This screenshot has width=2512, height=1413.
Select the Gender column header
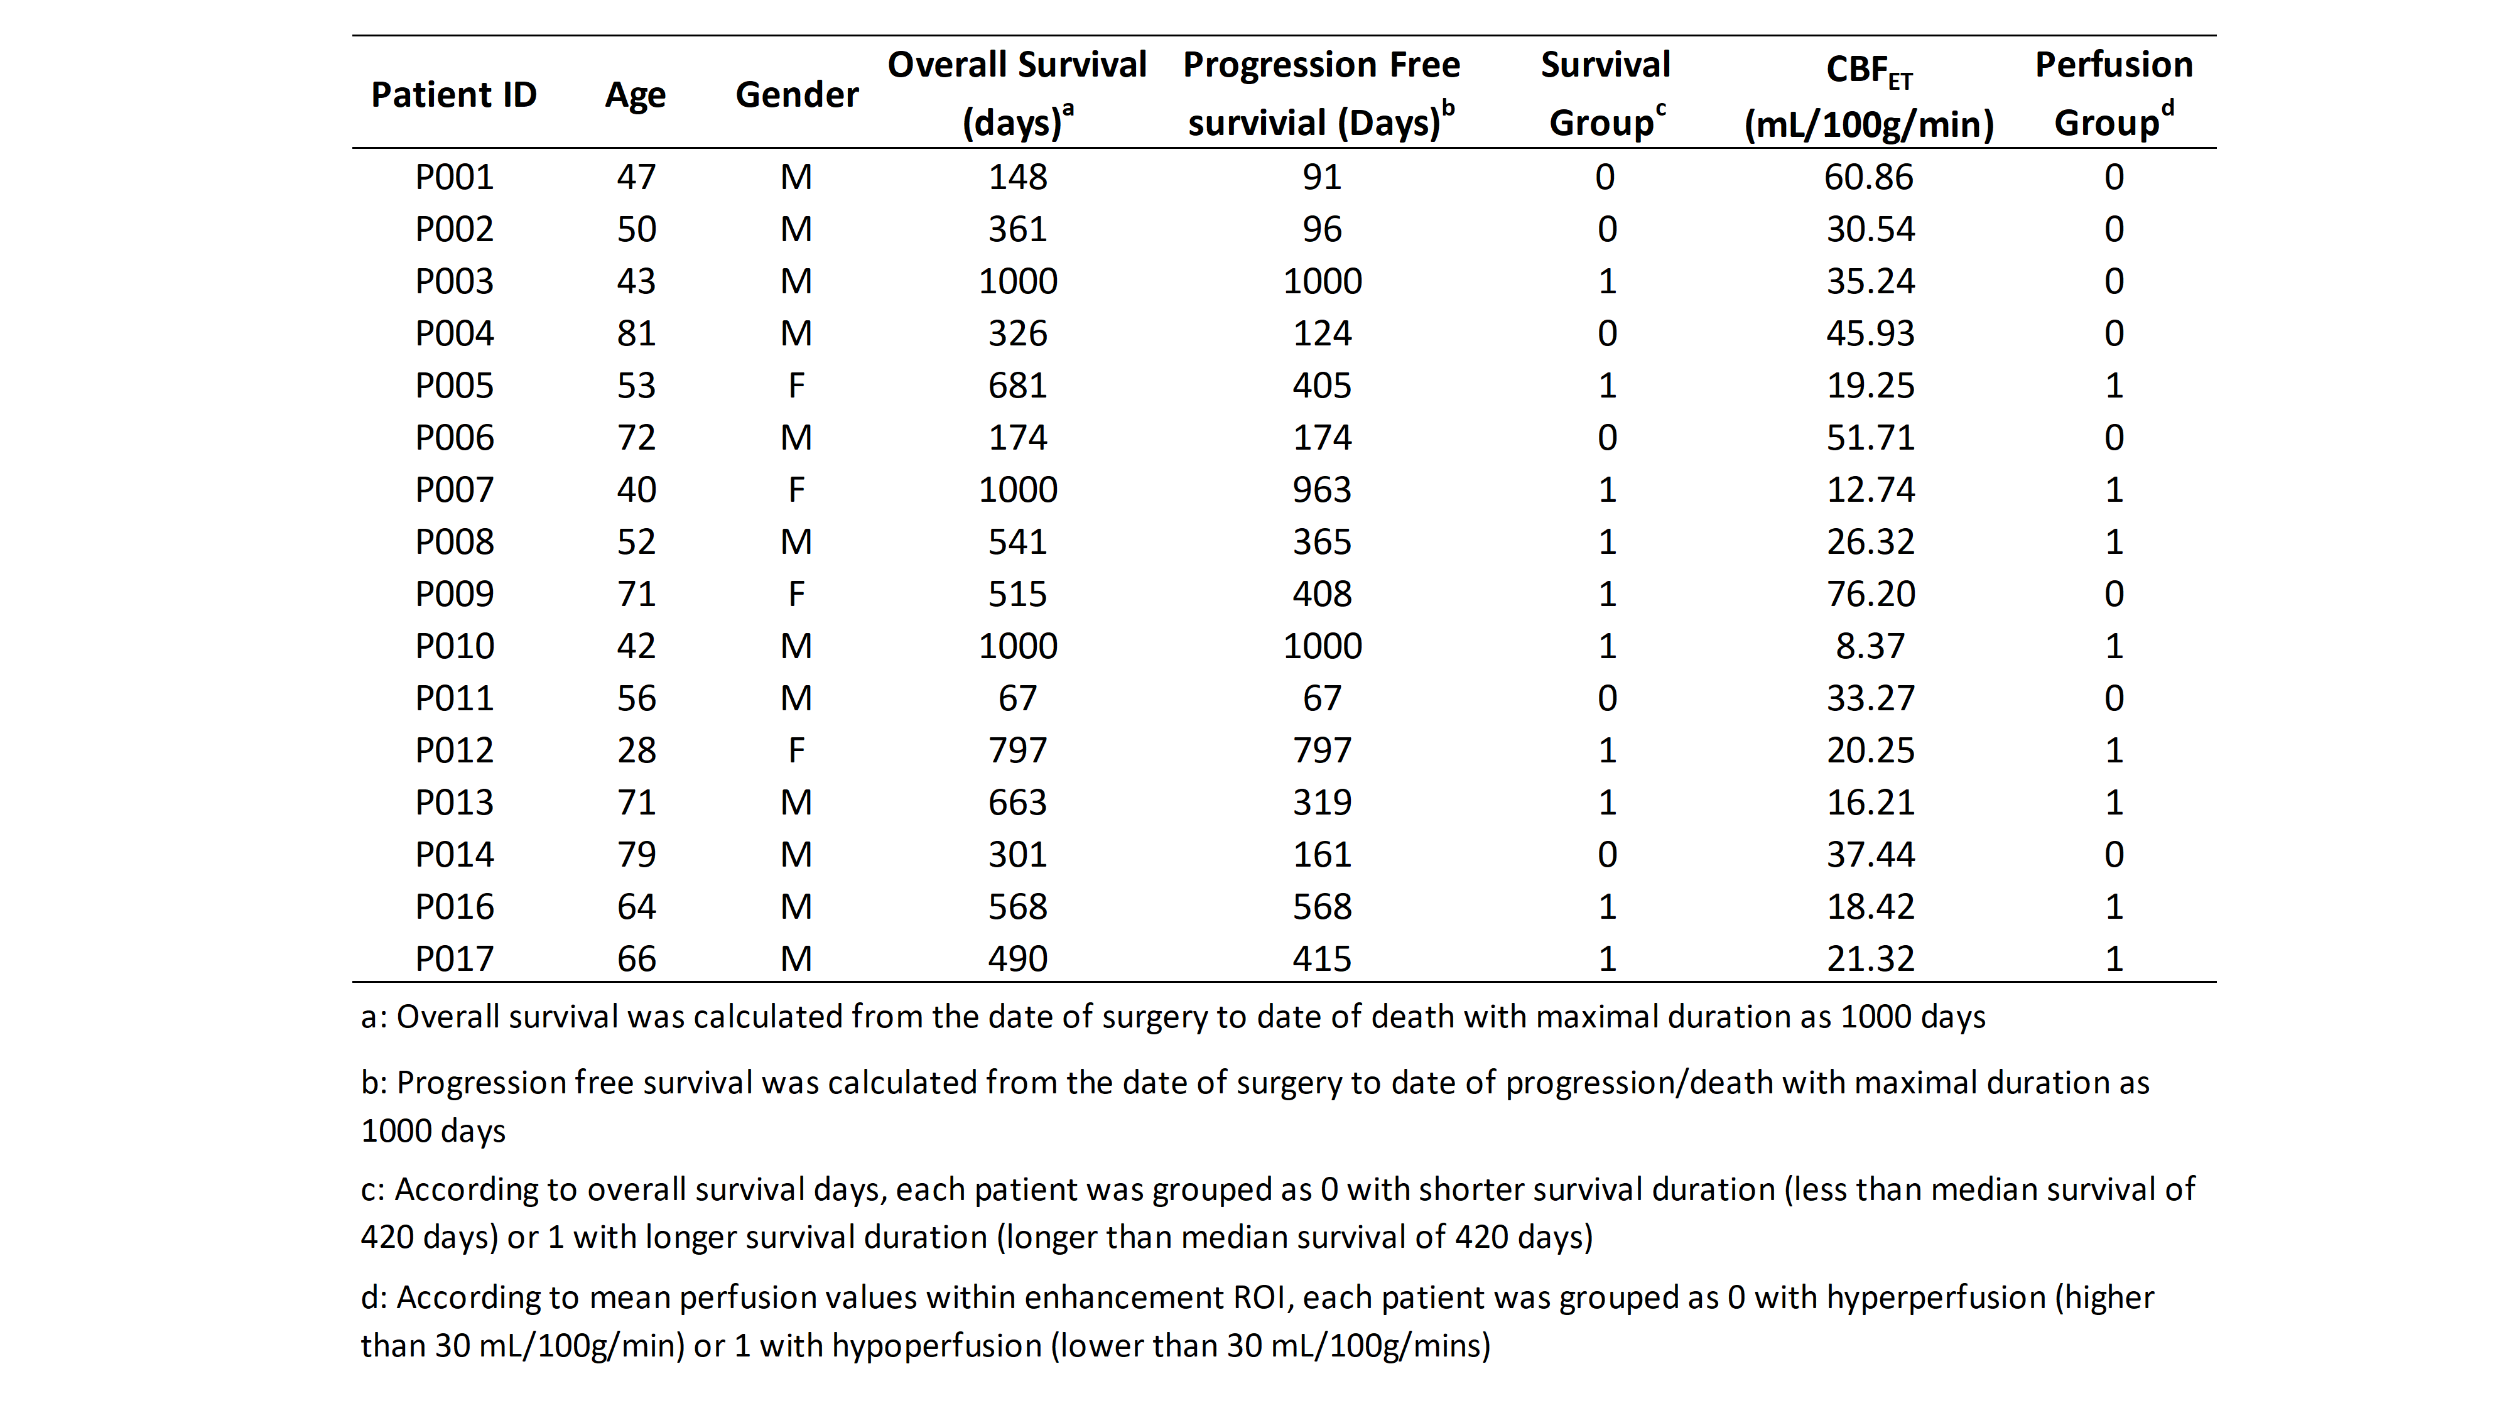pos(797,95)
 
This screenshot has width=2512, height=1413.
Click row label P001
pos(455,176)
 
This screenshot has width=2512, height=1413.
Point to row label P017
pos(455,958)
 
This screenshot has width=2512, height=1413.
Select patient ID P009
pos(455,594)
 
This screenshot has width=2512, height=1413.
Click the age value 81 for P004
pos(636,333)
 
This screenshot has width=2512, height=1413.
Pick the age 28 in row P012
pos(636,750)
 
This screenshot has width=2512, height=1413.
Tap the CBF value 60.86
pos(1870,176)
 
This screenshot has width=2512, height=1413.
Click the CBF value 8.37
pos(1870,646)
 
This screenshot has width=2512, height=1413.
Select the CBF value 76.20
pos(1870,594)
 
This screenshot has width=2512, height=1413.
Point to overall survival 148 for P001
pos(1017,176)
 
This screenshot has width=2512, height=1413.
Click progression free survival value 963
pos(1321,490)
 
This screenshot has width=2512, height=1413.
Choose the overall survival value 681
pos(1017,385)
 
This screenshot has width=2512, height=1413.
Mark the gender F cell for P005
pos(797,385)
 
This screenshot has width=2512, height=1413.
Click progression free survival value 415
pos(1321,958)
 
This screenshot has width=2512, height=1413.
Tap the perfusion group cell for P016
pos(2114,907)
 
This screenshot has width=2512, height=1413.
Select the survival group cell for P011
pos(1606,698)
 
